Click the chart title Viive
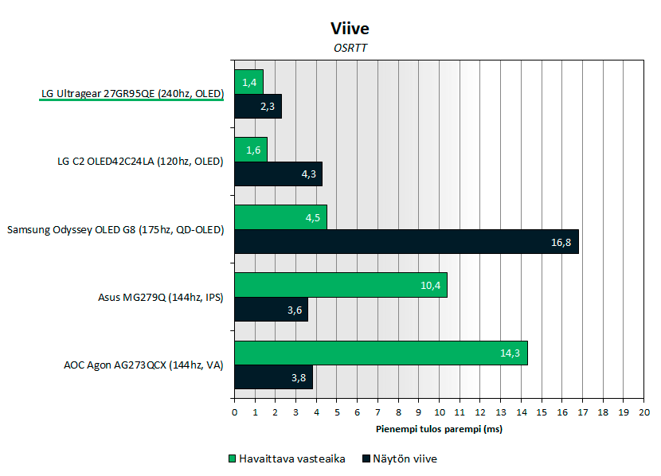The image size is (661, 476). (350, 29)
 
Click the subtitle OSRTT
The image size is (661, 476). (350, 49)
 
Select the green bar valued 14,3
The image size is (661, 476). (381, 353)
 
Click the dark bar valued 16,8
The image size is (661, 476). (406, 242)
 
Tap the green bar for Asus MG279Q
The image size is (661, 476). (341, 285)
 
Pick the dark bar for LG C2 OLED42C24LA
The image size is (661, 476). (278, 174)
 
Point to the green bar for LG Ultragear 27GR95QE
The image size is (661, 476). (248, 82)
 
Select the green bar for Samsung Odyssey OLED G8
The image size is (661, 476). (280, 217)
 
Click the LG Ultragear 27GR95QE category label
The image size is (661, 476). (132, 94)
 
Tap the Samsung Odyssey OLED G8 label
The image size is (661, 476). (115, 230)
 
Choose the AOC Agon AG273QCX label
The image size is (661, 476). (143, 366)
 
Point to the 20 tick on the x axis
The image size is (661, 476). (644, 412)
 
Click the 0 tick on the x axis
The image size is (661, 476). (234, 412)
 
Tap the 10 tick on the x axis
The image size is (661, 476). (440, 412)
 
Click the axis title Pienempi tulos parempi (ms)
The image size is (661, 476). (439, 429)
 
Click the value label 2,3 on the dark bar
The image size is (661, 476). (267, 107)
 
